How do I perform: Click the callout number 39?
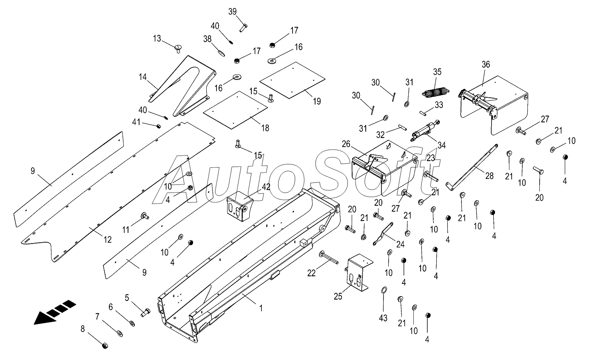click(x=232, y=12)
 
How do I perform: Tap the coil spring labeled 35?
click(x=435, y=91)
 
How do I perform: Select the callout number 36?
click(x=486, y=65)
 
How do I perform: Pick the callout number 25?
click(x=338, y=296)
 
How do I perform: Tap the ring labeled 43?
click(x=383, y=290)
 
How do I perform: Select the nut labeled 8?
click(x=105, y=346)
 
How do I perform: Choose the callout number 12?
click(x=108, y=240)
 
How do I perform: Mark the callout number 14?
click(x=142, y=77)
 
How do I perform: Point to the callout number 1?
click(x=261, y=309)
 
